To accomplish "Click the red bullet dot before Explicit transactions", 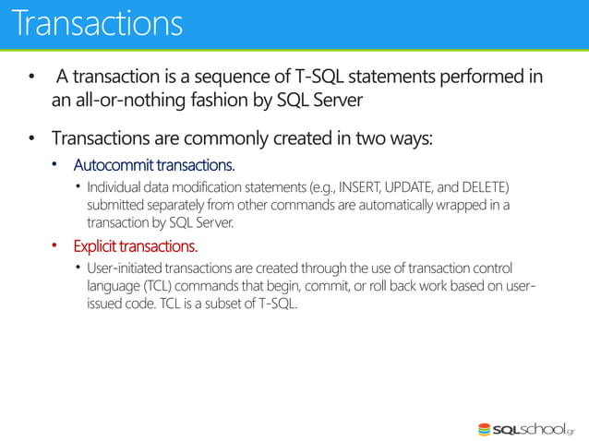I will pyautogui.click(x=54, y=246).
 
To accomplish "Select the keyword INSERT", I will pyautogui.click(x=365, y=188).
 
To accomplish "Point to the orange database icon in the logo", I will pyautogui.click(x=485, y=429).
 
